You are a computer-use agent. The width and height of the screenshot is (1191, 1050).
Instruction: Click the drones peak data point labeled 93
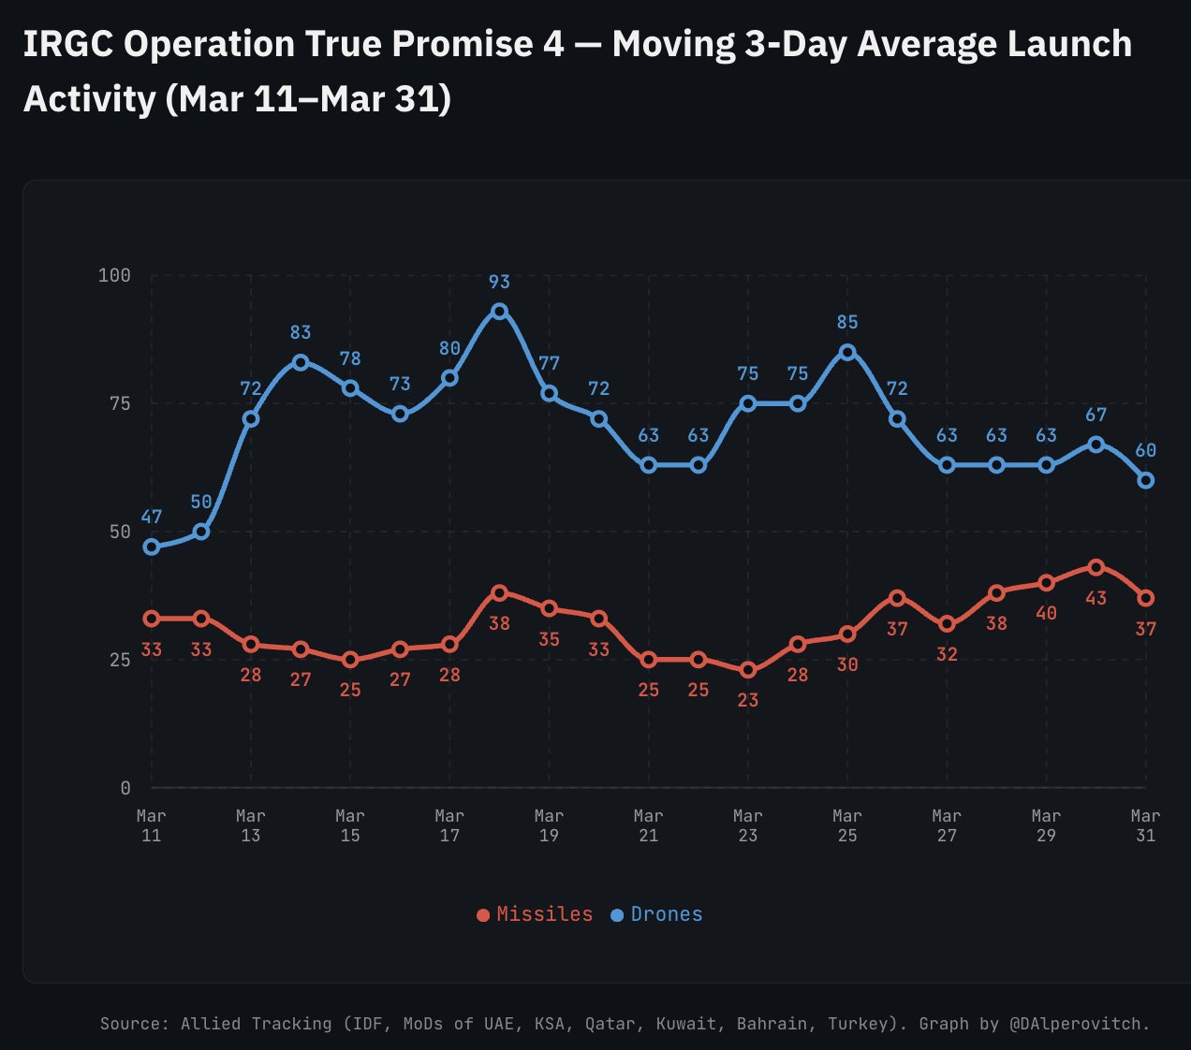pyautogui.click(x=499, y=311)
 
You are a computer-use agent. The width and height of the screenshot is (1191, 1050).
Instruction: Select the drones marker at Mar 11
pyautogui.click(x=152, y=547)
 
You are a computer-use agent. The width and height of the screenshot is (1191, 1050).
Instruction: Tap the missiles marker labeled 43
pyautogui.click(x=1095, y=567)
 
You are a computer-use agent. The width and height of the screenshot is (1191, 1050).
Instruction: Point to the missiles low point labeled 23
pyautogui.click(x=748, y=670)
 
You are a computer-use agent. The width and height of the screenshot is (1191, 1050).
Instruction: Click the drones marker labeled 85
pyautogui.click(x=847, y=352)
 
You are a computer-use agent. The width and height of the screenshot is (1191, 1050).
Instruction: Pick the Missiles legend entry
pyautogui.click(x=535, y=914)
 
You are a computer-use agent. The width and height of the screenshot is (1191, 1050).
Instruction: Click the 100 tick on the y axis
pyautogui.click(x=114, y=275)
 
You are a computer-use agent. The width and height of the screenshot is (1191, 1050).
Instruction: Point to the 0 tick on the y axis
pyautogui.click(x=125, y=788)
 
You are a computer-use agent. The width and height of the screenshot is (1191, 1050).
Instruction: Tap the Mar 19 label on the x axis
pyautogui.click(x=549, y=825)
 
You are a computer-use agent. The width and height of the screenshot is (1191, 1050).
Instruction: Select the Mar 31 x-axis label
pyautogui.click(x=1145, y=825)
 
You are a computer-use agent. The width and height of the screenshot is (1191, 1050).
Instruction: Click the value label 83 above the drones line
pyautogui.click(x=301, y=332)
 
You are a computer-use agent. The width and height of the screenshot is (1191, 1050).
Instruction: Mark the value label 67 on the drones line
pyautogui.click(x=1095, y=415)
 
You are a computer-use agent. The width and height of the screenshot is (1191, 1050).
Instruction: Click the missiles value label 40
pyautogui.click(x=1046, y=613)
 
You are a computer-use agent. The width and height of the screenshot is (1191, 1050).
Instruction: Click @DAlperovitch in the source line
pyautogui.click(x=1079, y=1024)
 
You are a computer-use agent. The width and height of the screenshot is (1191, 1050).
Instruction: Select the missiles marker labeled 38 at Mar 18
pyautogui.click(x=499, y=592)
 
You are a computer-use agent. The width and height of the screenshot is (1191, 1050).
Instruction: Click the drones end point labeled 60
pyautogui.click(x=1145, y=480)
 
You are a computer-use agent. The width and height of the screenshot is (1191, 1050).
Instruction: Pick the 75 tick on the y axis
pyautogui.click(x=120, y=403)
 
